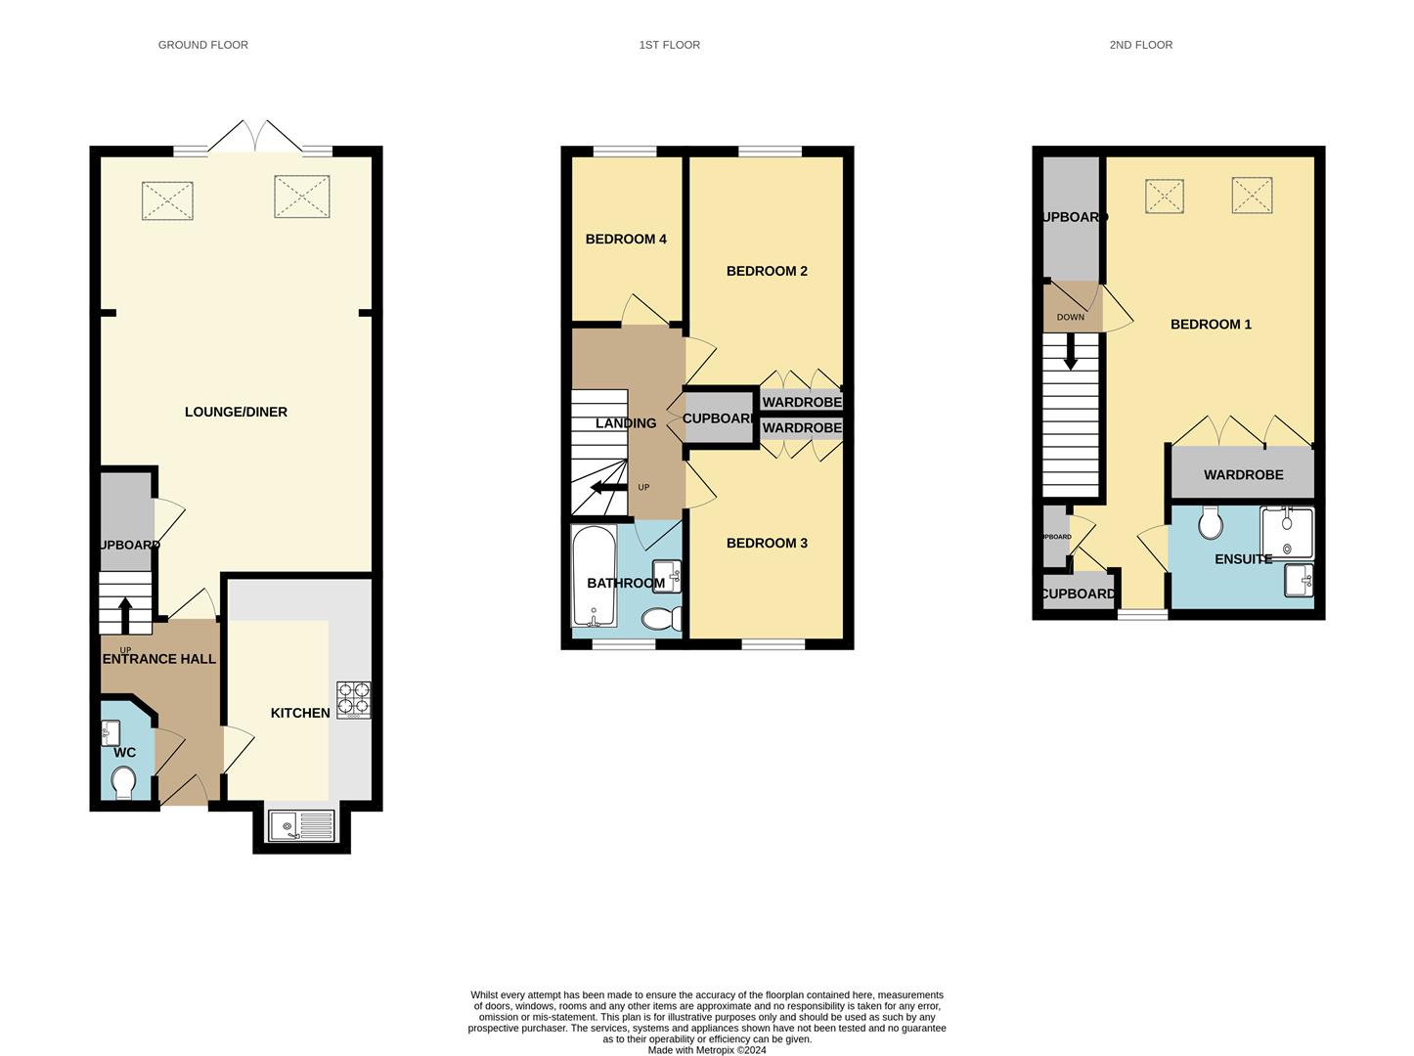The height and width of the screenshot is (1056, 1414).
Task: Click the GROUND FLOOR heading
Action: pos(202,45)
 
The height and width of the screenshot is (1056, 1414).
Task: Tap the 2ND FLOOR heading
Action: pos(1140,45)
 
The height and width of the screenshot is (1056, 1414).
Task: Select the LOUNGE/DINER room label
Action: pos(236,412)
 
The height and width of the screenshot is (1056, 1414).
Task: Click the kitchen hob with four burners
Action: pos(353,700)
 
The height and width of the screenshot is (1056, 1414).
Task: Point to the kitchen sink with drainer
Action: pos(301,825)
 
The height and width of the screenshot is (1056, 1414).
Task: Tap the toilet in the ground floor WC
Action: pos(123,782)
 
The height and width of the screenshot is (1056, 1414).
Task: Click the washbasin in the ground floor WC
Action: pos(110,731)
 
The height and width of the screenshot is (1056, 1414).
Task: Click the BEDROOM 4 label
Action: pos(626,239)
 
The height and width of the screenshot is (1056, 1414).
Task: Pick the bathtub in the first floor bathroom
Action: pos(594,577)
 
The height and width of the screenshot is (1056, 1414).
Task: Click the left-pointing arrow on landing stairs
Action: pos(608,487)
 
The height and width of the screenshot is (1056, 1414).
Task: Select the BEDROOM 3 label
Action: pos(767,543)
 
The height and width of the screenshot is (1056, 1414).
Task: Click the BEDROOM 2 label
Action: pos(767,271)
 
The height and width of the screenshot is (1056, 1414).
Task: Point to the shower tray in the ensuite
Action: pos(1287,532)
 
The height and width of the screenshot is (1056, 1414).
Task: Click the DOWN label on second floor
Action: pos(1070,317)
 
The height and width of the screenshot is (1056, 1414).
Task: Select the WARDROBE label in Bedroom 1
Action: pos(1243,474)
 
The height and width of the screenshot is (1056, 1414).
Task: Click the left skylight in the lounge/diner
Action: pos(168,201)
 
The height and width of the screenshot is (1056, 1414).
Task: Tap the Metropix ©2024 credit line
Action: pos(706,1050)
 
